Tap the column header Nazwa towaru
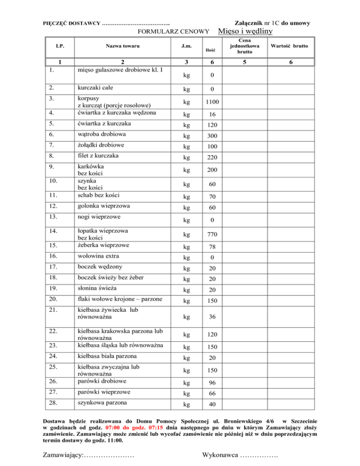coord(122,46)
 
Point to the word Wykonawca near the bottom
coord(219,455)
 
